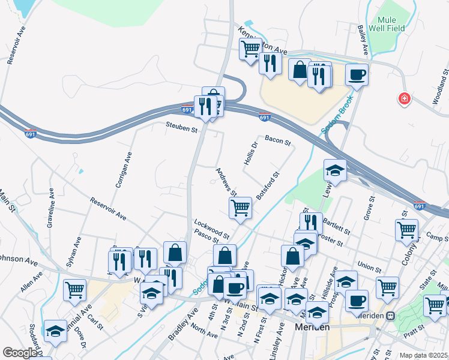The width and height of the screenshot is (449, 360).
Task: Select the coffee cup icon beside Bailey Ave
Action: pyautogui.click(x=357, y=76)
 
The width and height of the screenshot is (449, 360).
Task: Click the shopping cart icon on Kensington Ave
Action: pyautogui.click(x=250, y=49)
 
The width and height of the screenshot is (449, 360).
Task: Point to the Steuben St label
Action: pyautogui.click(x=182, y=129)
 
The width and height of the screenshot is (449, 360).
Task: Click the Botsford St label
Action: pyautogui.click(x=268, y=187)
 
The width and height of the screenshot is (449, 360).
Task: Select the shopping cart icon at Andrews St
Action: pyautogui.click(x=240, y=208)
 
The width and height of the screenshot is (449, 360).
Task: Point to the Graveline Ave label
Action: pyautogui.click(x=51, y=206)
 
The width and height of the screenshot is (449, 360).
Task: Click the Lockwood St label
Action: pyautogui.click(x=211, y=229)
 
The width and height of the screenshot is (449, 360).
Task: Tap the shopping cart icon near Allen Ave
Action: pyautogui.click(x=75, y=290)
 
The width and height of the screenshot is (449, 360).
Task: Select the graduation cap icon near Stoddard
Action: pyautogui.click(x=55, y=331)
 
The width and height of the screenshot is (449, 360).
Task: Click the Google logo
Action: pyautogui.click(x=20, y=353)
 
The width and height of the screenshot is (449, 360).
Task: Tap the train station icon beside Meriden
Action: pyautogui.click(x=390, y=316)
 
